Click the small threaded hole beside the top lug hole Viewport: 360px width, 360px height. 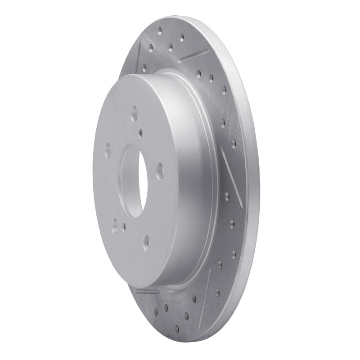(x=142, y=132)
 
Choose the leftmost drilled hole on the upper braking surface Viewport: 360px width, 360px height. (x=145, y=68)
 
